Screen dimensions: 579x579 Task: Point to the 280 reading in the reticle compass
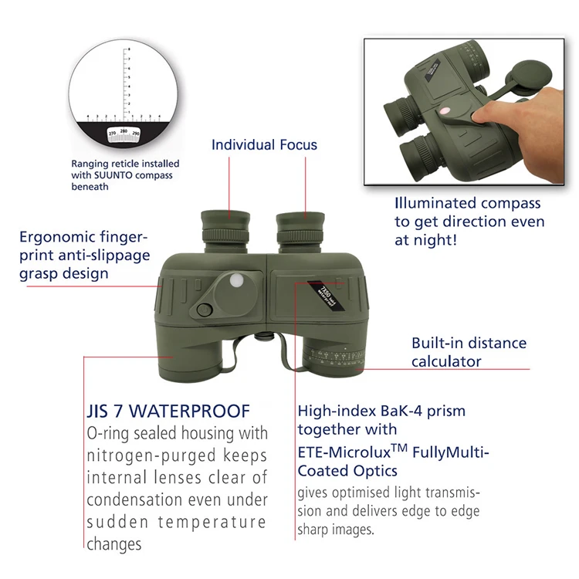pos(124,132)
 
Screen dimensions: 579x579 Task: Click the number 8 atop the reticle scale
pos(128,49)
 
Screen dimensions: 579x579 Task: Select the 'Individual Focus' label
pos(264,144)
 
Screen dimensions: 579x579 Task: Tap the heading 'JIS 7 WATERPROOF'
pos(168,411)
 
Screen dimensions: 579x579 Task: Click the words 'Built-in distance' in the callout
pos(469,344)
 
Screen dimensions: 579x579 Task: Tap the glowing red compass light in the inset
pos(445,111)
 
